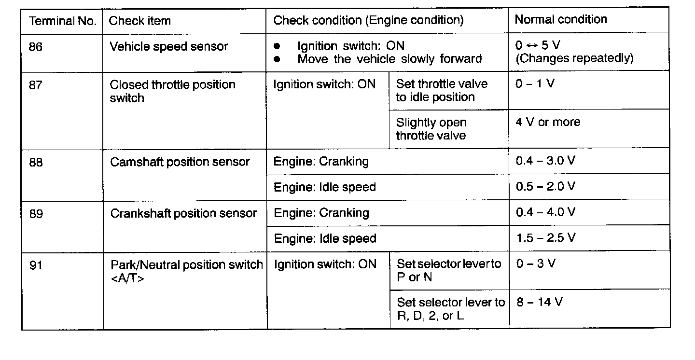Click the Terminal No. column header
click(x=63, y=21)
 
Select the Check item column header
click(x=140, y=21)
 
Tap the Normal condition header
click(x=561, y=20)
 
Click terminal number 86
click(x=36, y=47)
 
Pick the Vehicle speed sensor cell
click(x=169, y=47)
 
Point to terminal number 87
click(x=36, y=84)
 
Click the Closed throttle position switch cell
click(x=172, y=91)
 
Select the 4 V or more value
click(x=548, y=122)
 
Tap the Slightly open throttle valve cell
click(x=431, y=129)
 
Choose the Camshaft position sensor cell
click(x=180, y=162)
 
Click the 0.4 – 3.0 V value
click(x=545, y=161)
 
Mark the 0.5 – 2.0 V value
click(x=545, y=186)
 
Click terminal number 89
click(x=36, y=213)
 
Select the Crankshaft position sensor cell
click(x=183, y=213)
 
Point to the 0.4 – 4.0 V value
click(x=545, y=212)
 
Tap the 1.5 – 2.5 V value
click(x=545, y=238)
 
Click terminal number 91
click(x=36, y=265)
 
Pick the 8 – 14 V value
click(x=539, y=303)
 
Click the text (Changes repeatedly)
click(x=574, y=59)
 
